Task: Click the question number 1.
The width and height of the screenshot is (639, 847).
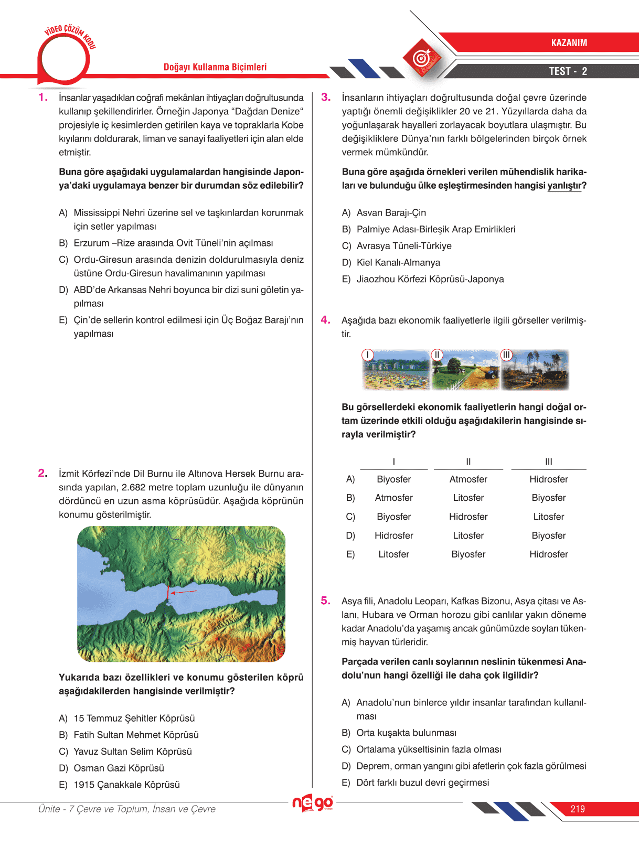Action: pyautogui.click(x=43, y=98)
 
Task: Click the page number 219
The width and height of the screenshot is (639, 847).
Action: pyautogui.click(x=578, y=809)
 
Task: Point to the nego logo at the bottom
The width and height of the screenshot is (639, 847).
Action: pyautogui.click(x=313, y=803)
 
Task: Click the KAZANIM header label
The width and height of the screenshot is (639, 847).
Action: pyautogui.click(x=569, y=43)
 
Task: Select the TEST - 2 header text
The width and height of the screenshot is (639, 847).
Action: pyautogui.click(x=568, y=71)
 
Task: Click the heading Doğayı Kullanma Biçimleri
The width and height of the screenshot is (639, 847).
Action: pyautogui.click(x=215, y=67)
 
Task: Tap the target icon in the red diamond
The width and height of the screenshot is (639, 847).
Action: pyautogui.click(x=422, y=58)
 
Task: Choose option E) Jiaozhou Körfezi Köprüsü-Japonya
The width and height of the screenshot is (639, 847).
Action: pyautogui.click(x=423, y=280)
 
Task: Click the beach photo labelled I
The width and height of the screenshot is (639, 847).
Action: pyautogui.click(x=396, y=370)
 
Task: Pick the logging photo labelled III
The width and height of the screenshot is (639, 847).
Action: pyautogui.click(x=535, y=370)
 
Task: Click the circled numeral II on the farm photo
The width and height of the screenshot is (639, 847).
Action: pyautogui.click(x=437, y=355)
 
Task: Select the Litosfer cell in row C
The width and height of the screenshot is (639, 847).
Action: pyautogui.click(x=548, y=517)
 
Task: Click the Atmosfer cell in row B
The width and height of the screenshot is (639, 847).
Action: pyautogui.click(x=393, y=498)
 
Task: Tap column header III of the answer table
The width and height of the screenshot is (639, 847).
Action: pyautogui.click(x=548, y=462)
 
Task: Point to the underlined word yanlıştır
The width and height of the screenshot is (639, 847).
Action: pyautogui.click(x=565, y=186)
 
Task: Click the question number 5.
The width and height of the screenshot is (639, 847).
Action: pyautogui.click(x=326, y=601)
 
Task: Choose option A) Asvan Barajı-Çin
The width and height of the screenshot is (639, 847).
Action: pyautogui.click(x=384, y=213)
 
